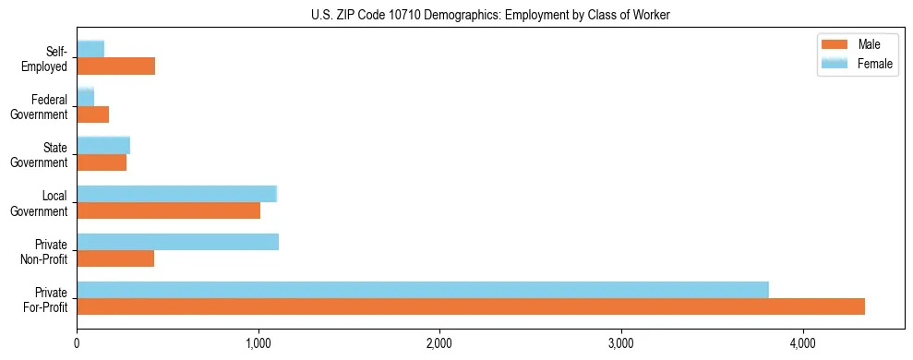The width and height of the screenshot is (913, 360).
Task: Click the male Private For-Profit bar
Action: [471, 306]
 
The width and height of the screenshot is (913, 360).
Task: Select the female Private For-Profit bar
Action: [423, 290]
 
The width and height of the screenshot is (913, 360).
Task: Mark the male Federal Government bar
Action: [92, 114]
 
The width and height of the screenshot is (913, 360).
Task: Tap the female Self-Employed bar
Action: [90, 49]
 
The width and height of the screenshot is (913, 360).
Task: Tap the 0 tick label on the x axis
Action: [77, 342]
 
